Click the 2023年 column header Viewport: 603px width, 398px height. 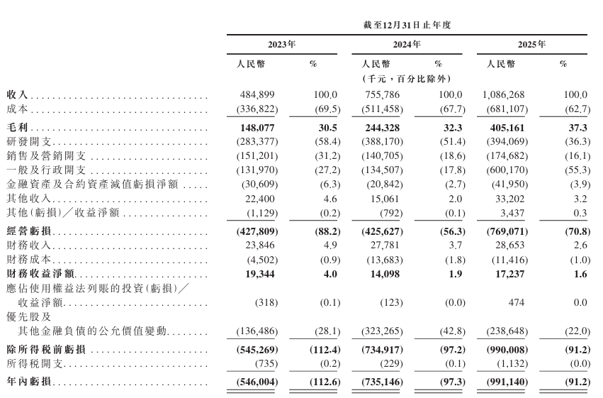[282, 44]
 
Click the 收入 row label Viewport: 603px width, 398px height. [17, 95]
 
